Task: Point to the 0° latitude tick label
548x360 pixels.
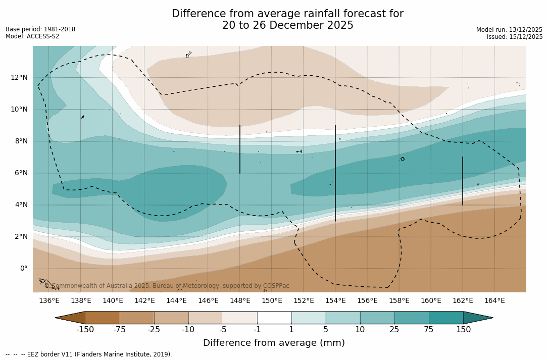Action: coord(24,269)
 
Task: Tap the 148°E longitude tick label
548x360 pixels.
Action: coord(240,301)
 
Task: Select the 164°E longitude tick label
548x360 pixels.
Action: coord(494,301)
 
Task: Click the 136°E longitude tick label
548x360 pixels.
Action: coord(49,301)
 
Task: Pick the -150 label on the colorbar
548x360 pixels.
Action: coord(85,330)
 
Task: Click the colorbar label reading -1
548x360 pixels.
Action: coord(257,330)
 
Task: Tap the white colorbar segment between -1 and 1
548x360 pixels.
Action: coord(274,318)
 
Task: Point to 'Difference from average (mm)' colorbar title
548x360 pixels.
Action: coord(274,343)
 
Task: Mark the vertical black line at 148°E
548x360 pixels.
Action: coord(240,149)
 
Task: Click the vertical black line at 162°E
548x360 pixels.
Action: coord(463,181)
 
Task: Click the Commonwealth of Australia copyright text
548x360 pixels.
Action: coord(167,286)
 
